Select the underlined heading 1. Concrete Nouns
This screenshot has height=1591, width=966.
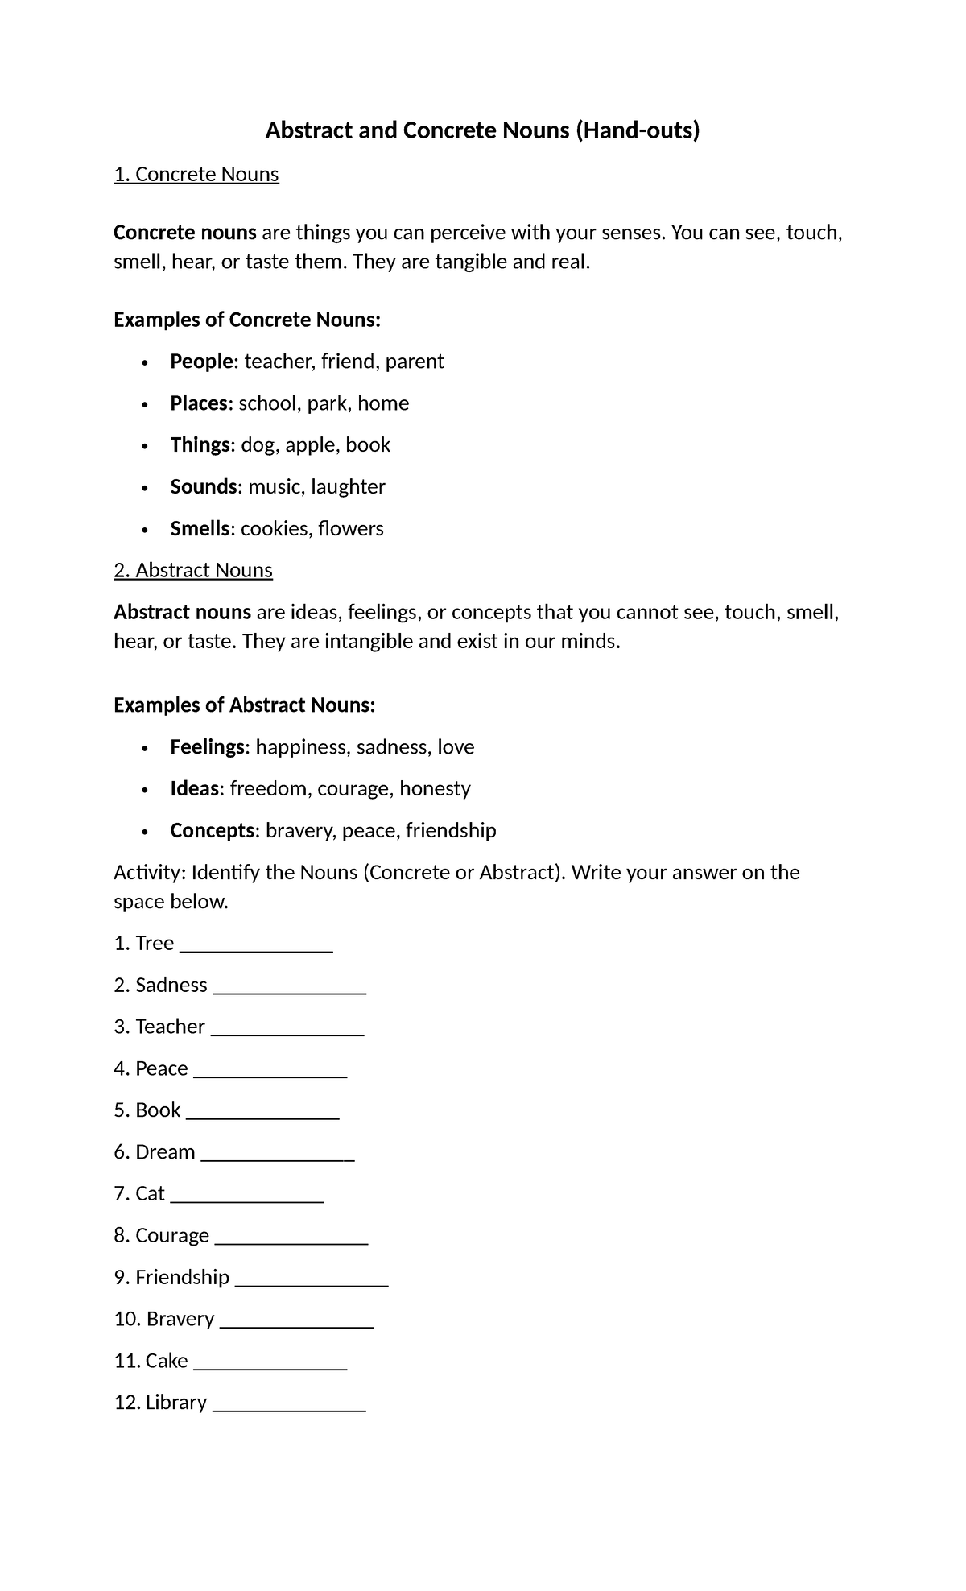click(196, 175)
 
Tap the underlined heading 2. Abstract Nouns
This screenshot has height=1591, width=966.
click(193, 571)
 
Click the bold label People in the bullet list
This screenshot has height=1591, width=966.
click(201, 362)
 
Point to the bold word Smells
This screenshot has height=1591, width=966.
click(200, 529)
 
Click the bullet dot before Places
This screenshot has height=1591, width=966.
click(145, 404)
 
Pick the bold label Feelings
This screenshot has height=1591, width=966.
click(207, 747)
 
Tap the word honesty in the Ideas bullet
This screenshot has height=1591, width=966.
click(435, 789)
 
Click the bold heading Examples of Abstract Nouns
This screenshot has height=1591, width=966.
click(244, 705)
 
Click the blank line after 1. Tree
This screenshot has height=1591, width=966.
click(256, 948)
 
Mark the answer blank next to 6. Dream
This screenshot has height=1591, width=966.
click(277, 1156)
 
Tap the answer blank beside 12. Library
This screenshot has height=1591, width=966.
click(289, 1407)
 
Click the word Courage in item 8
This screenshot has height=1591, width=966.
click(172, 1236)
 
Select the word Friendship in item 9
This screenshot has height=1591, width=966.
click(182, 1278)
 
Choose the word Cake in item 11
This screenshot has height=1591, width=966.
click(167, 1361)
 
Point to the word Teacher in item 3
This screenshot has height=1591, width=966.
click(170, 1027)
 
